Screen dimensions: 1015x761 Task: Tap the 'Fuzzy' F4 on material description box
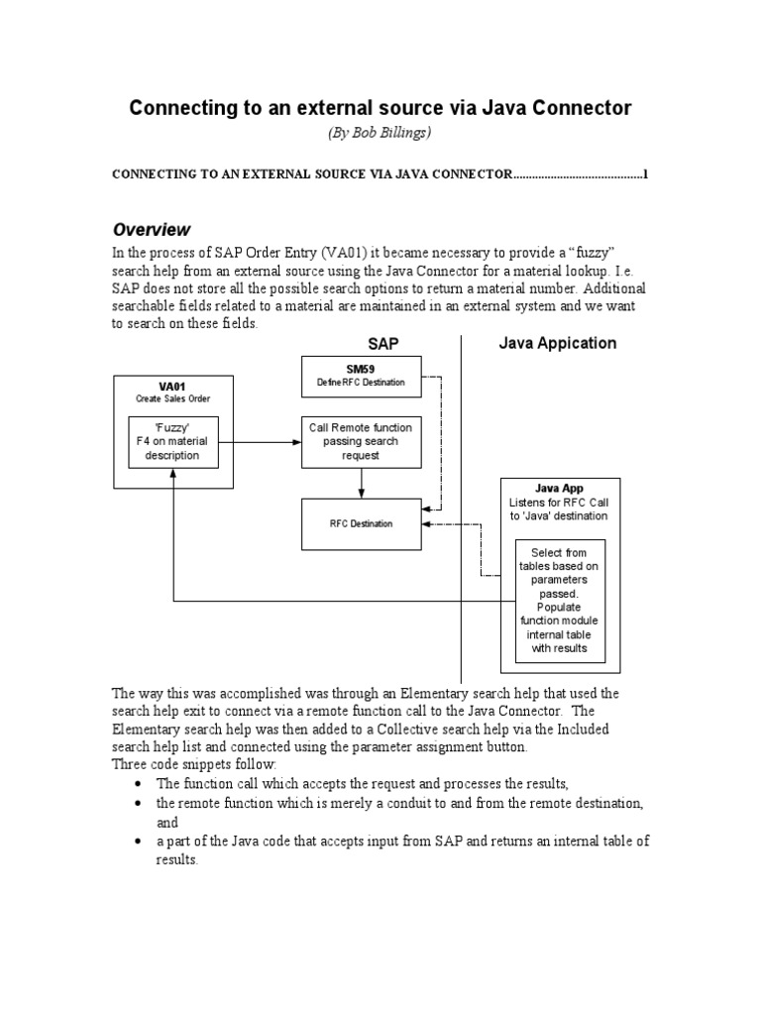[172, 441]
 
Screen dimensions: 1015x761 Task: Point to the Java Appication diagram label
[556, 344]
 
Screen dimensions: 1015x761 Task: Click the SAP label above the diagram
[382, 344]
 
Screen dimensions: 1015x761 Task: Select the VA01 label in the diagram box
[173, 387]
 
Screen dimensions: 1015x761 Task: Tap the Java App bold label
[559, 488]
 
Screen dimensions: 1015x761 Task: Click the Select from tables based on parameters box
[559, 601]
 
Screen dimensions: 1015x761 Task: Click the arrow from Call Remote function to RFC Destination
[361, 484]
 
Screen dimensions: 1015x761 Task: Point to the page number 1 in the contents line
[646, 175]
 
